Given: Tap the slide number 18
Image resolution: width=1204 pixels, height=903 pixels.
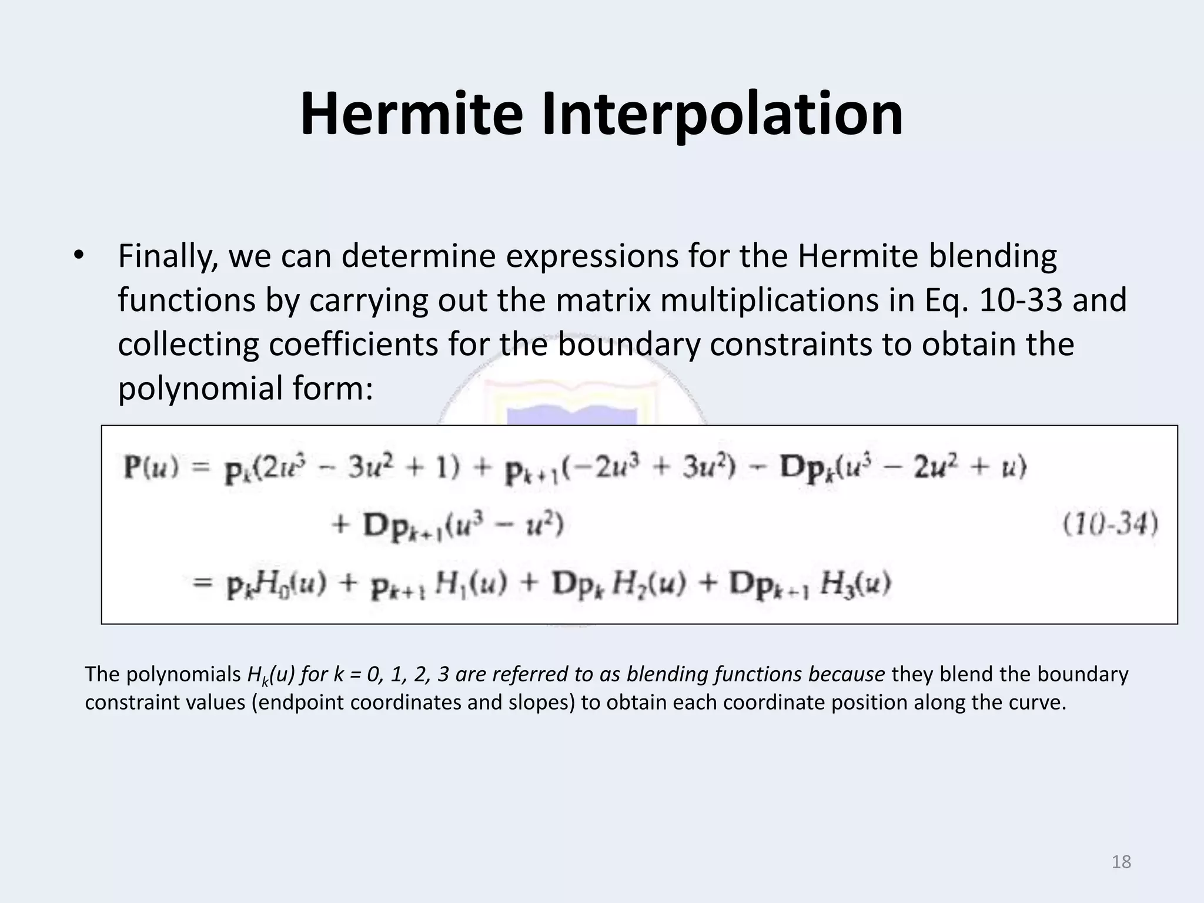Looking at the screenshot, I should (1121, 862).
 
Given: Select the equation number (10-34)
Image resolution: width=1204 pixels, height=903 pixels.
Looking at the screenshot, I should (1111, 524).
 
